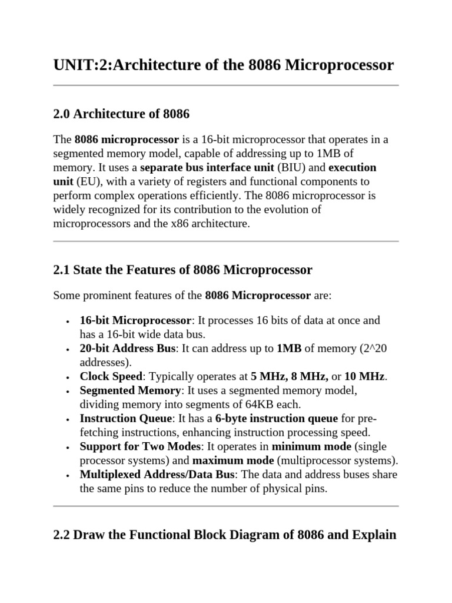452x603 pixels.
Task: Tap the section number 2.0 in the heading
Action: coord(61,114)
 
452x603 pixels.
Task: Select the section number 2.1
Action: coord(61,270)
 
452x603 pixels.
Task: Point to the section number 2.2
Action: coord(61,535)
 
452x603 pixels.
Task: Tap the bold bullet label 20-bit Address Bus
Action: coord(127,349)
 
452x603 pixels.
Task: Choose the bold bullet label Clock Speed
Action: coord(111,376)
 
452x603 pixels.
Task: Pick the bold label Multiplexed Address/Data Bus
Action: coord(157,475)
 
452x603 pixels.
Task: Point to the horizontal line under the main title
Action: coord(226,86)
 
